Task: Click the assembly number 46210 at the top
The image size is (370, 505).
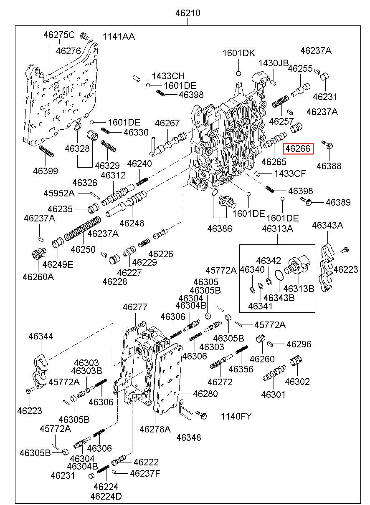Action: tap(188, 13)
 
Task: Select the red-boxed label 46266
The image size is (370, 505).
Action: tap(298, 148)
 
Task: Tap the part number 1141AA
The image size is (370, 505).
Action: tap(119, 37)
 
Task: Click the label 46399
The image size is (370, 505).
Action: tap(46, 171)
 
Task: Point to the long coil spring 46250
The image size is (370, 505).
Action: tap(82, 228)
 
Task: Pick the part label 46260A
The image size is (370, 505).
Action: tap(38, 277)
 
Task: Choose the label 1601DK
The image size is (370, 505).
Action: tap(238, 53)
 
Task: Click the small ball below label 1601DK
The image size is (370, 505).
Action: tap(238, 73)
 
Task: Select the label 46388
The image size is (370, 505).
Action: tap(329, 166)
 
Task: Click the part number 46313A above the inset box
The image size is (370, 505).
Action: tap(277, 229)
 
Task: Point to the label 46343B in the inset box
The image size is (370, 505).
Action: tap(279, 298)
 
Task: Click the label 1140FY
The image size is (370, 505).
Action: tap(236, 417)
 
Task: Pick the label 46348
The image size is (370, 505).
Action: tap(188, 437)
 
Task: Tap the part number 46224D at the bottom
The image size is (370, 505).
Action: tap(106, 496)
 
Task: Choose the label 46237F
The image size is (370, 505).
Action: tap(145, 473)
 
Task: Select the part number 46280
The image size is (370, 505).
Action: tap(205, 394)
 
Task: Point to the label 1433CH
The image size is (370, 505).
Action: tap(168, 76)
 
